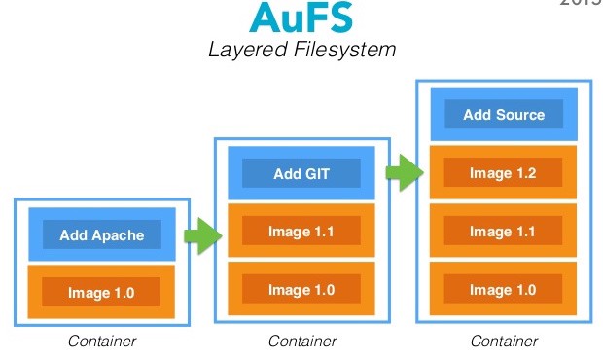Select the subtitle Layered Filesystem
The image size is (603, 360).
(x=301, y=50)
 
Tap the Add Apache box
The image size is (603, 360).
(x=102, y=234)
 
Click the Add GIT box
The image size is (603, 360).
(x=301, y=174)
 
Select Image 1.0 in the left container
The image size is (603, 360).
(x=102, y=292)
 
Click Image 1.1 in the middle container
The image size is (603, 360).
(x=301, y=232)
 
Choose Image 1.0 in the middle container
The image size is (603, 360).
(x=301, y=290)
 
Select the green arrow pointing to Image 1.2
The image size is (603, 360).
(x=404, y=175)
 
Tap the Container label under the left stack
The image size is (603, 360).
(x=101, y=342)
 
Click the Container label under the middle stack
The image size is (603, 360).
(x=301, y=342)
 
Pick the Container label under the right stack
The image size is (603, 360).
(x=504, y=342)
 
